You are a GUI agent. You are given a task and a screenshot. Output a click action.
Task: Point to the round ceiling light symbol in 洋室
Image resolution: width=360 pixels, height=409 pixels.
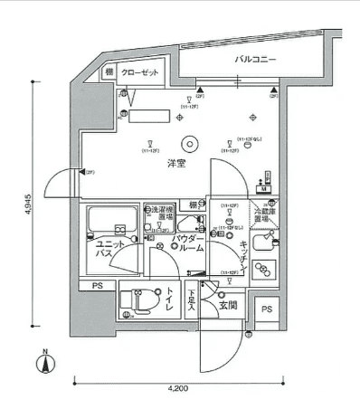tap(189, 142)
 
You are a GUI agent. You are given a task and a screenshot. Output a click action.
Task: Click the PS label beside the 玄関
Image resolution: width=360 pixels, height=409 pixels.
tap(266, 309)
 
